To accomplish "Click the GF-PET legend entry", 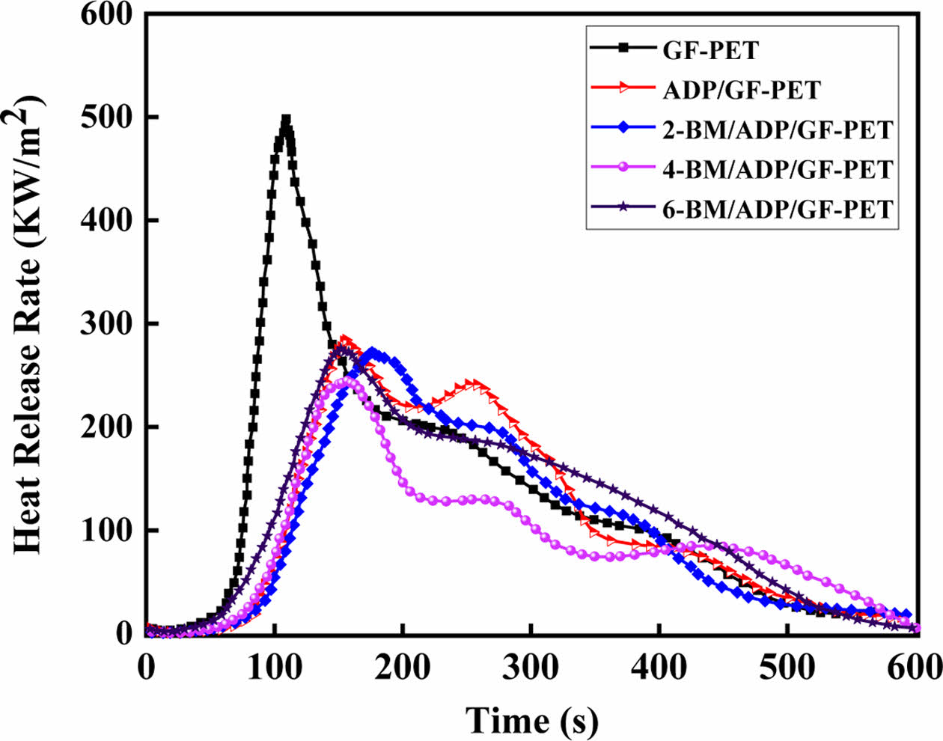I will pos(710,50).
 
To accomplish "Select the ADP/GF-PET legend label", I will pos(741,90).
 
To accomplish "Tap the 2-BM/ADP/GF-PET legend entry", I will pos(778,129).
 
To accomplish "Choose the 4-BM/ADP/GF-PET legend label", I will pos(778,169).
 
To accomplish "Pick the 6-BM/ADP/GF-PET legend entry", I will pos(778,209).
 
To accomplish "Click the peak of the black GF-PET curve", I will pos(285,120).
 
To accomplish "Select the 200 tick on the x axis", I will pos(403,665).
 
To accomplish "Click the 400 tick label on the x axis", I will pos(659,665).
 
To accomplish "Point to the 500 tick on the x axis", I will pos(787,665).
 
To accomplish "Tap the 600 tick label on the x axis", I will pos(915,665).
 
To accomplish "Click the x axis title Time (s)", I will pos(532,719).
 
